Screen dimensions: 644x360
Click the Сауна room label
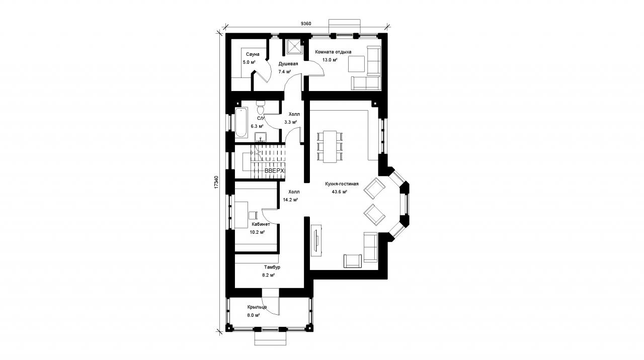tap(253, 54)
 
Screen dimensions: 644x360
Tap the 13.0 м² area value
tap(330, 60)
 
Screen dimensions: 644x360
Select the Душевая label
tap(288, 64)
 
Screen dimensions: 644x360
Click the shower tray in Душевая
tap(294, 47)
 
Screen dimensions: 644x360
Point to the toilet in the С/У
tap(261, 108)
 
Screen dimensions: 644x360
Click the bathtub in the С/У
tap(241, 122)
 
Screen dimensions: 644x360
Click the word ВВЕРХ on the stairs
tap(274, 171)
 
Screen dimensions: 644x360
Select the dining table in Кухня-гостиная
tap(330, 147)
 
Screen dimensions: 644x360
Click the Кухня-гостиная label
tap(342, 184)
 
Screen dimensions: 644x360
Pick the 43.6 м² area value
tap(340, 192)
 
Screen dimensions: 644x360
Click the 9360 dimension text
tap(306, 24)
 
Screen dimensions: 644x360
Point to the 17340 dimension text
tap(216, 182)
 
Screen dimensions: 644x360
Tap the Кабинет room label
tap(261, 224)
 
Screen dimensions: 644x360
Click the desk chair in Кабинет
tap(253, 216)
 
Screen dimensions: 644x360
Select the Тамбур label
tap(272, 267)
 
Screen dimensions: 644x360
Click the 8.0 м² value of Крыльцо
tap(254, 315)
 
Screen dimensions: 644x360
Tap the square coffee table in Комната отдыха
tap(356, 64)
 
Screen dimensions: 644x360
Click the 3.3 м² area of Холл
tap(291, 122)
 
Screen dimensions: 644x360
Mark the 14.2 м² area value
tap(290, 200)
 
